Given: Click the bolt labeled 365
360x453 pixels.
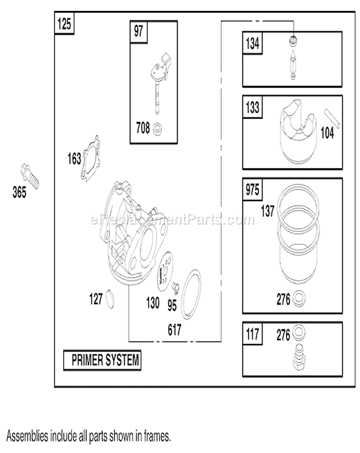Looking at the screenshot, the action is click(x=30, y=176).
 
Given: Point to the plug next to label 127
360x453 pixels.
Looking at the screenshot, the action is click(x=110, y=299).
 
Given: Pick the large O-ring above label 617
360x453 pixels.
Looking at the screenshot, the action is click(x=191, y=294).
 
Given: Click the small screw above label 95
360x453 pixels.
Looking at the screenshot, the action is click(x=175, y=287).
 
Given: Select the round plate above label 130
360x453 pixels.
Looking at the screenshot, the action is click(x=166, y=272).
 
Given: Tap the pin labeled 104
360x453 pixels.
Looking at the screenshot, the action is click(x=332, y=118).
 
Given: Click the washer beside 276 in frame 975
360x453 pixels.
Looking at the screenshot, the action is click(x=299, y=298).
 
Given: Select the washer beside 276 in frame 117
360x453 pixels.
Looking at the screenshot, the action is click(x=299, y=333).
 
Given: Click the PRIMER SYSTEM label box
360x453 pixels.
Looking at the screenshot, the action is click(x=102, y=360).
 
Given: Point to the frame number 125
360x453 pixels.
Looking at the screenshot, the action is click(x=64, y=24).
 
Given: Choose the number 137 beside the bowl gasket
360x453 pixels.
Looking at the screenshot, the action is click(x=267, y=211).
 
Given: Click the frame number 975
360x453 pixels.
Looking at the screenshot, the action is click(x=252, y=190).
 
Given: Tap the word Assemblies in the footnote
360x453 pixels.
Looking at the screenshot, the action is click(x=27, y=436).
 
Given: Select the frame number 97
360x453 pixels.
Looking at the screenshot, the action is click(x=138, y=31).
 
